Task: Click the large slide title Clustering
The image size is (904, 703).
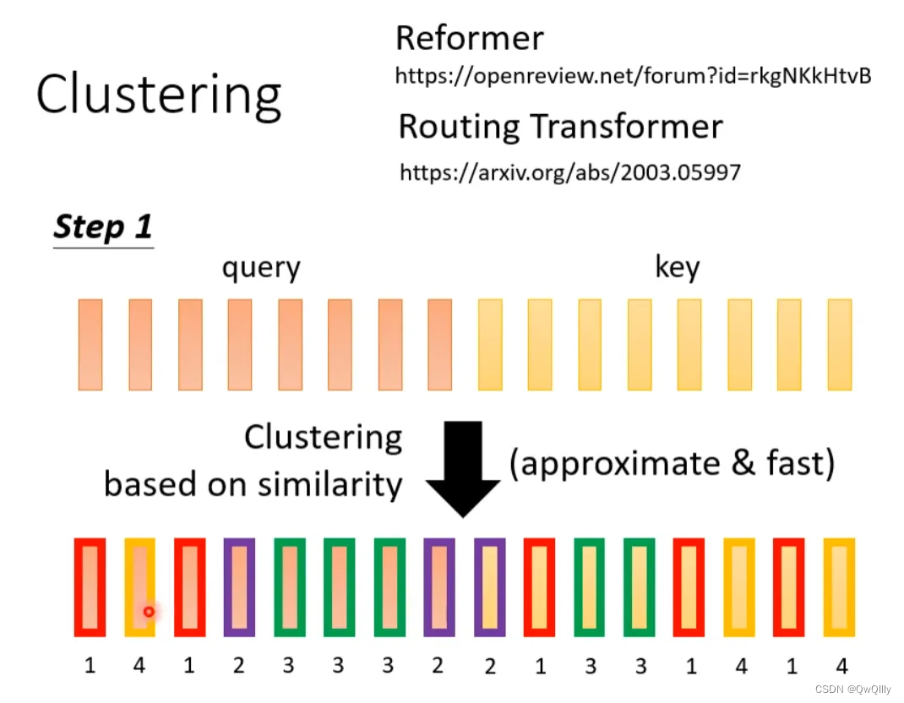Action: [158, 95]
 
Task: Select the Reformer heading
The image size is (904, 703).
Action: [469, 38]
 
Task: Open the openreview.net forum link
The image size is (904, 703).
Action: [633, 77]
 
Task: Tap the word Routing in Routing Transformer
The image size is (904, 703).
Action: [458, 127]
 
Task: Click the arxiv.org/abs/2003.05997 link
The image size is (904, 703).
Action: [569, 173]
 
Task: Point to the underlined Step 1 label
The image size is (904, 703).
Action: [102, 227]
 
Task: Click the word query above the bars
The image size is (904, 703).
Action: [261, 268]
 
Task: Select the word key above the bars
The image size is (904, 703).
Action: [677, 268]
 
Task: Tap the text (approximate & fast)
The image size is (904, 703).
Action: [672, 463]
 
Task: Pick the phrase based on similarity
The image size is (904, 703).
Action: [253, 483]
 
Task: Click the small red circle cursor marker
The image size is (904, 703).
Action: [149, 611]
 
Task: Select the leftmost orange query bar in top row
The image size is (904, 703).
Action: [90, 344]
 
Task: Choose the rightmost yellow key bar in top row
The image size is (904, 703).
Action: [840, 344]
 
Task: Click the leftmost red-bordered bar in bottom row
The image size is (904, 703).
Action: [90, 586]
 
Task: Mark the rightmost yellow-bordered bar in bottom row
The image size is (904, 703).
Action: [840, 586]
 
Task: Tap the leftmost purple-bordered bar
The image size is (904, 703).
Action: [239, 586]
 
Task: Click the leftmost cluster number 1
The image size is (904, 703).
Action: [90, 666]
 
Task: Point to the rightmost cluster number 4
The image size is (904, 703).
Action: [841, 666]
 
